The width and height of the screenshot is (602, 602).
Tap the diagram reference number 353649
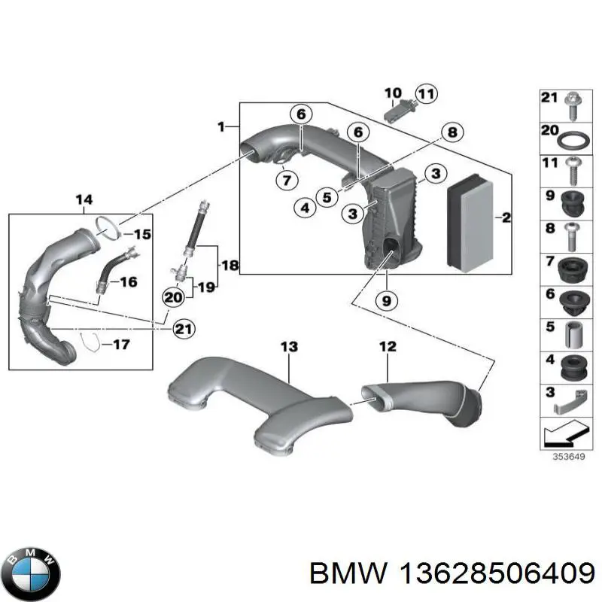coord(567,457)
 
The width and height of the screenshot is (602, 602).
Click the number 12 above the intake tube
coord(387,347)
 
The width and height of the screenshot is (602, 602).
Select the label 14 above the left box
coord(84,199)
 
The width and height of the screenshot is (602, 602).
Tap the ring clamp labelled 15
coord(108,225)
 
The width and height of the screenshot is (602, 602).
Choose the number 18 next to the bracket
coord(230,265)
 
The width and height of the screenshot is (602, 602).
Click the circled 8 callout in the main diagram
coord(451,133)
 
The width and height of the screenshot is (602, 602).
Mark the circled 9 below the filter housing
coord(384,300)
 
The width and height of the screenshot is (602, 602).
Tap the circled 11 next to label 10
coord(426,94)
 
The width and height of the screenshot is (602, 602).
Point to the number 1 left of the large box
coord(221,127)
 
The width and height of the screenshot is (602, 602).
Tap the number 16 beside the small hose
coord(129,282)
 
